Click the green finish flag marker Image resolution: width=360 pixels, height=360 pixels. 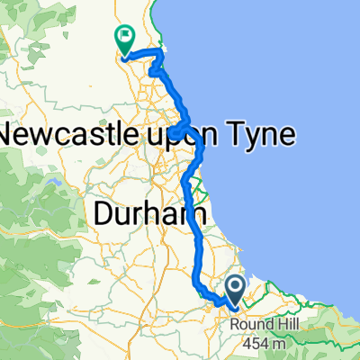(x=124, y=39)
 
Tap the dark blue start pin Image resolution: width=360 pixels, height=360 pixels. (x=236, y=290)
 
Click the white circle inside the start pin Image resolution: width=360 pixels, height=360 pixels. (x=236, y=286)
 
